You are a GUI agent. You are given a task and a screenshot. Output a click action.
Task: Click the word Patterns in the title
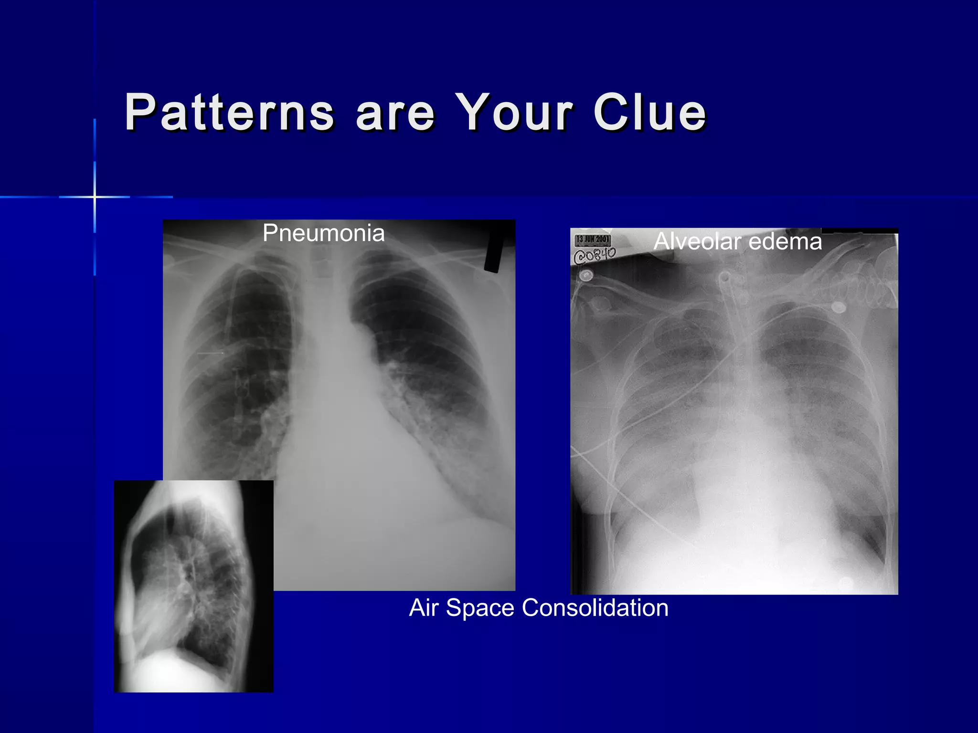point(229,113)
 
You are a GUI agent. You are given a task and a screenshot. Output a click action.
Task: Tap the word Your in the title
point(513,113)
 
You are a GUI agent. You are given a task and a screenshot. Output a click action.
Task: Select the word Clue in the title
point(649,113)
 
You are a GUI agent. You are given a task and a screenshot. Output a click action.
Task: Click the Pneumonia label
point(323,233)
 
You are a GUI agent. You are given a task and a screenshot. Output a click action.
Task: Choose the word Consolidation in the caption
point(595,608)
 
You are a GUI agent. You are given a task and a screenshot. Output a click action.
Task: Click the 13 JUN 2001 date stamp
point(592,239)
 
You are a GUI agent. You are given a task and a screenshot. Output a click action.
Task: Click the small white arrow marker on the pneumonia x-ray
point(211,353)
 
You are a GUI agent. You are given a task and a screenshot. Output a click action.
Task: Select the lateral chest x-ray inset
point(193,586)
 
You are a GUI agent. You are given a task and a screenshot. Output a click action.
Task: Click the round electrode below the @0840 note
point(586,276)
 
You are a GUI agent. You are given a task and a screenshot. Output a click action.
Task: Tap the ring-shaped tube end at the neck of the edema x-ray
point(724,277)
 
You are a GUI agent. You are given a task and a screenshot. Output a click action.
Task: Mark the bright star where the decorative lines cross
point(95,197)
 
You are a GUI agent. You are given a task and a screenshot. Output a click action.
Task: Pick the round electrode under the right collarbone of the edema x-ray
point(838,307)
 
